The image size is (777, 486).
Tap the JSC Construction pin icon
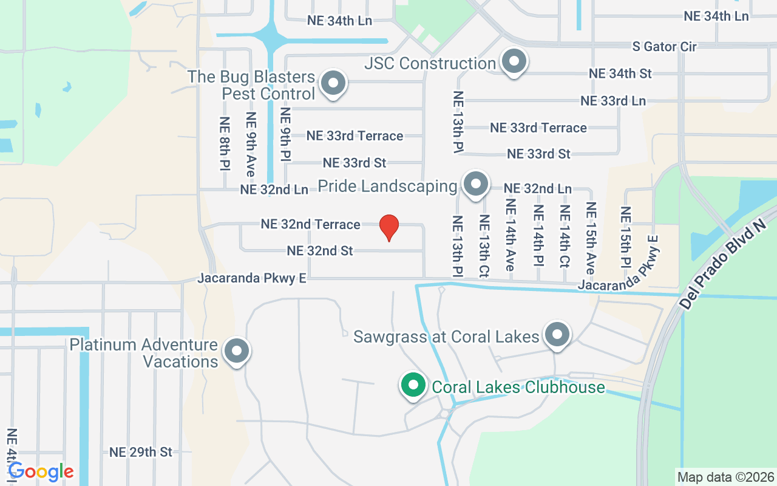point(514,62)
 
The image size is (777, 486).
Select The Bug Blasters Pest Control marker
point(333,84)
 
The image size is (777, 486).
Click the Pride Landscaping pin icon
point(475,184)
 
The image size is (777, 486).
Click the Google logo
point(41,471)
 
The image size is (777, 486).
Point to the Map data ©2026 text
point(726,477)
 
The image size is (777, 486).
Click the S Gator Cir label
point(664,46)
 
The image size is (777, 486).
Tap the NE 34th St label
point(620,74)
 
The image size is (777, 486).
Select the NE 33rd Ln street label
point(613,101)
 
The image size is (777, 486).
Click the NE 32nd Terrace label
point(310,224)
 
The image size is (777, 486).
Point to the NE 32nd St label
point(320,250)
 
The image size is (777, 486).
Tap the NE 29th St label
point(141,452)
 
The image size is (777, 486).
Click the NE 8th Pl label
point(225,143)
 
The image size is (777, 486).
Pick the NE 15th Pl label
point(626,237)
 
